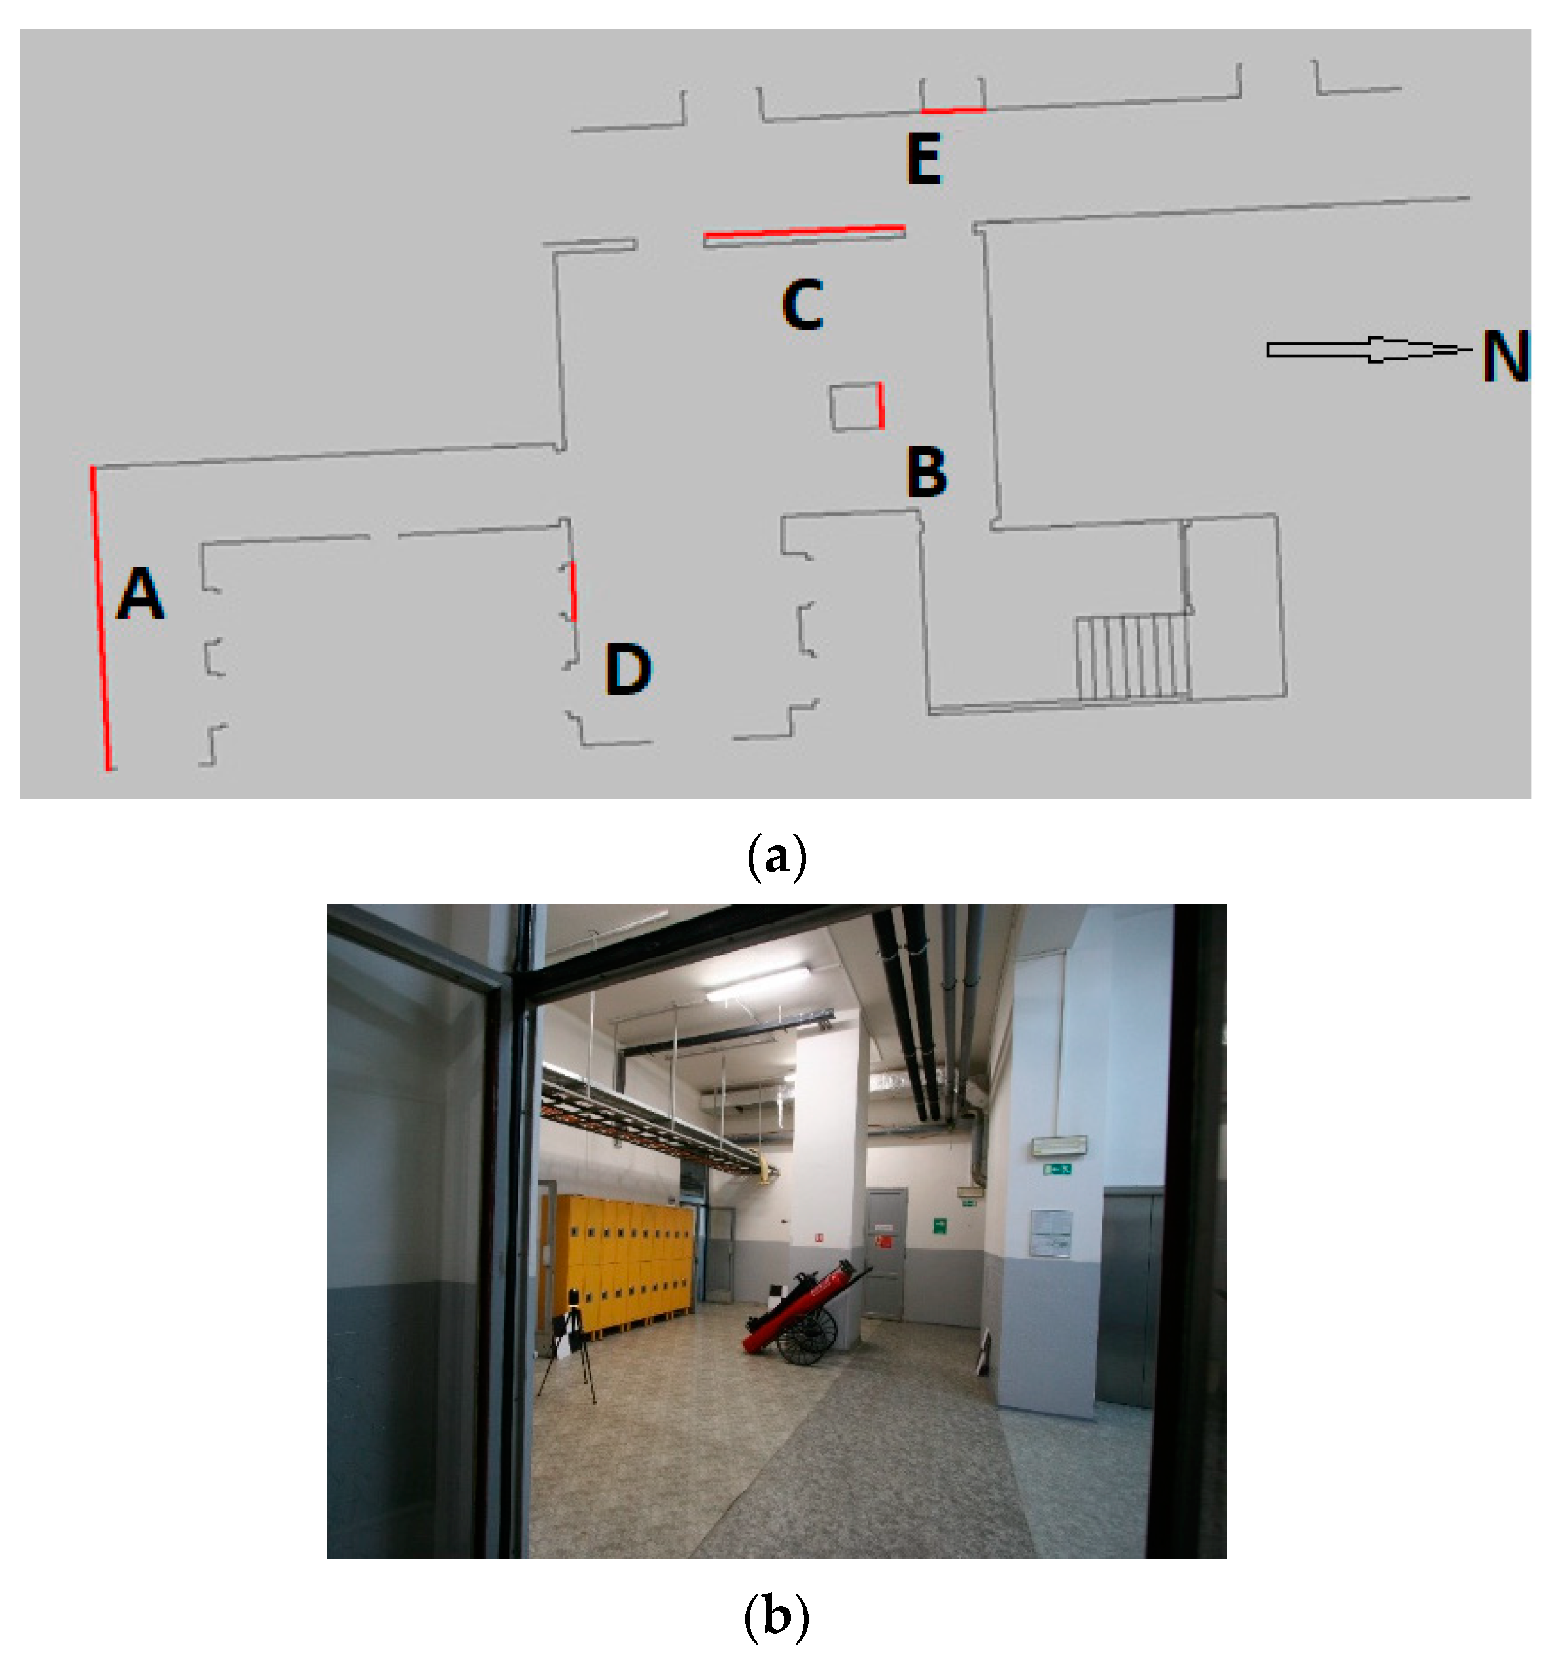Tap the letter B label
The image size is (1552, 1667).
(926, 472)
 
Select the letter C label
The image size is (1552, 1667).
(802, 306)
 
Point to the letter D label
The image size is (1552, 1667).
(627, 669)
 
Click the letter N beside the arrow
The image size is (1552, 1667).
(1505, 357)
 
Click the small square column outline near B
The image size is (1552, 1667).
(855, 408)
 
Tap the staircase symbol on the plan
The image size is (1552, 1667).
(1132, 657)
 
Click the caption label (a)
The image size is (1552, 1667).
(775, 857)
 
